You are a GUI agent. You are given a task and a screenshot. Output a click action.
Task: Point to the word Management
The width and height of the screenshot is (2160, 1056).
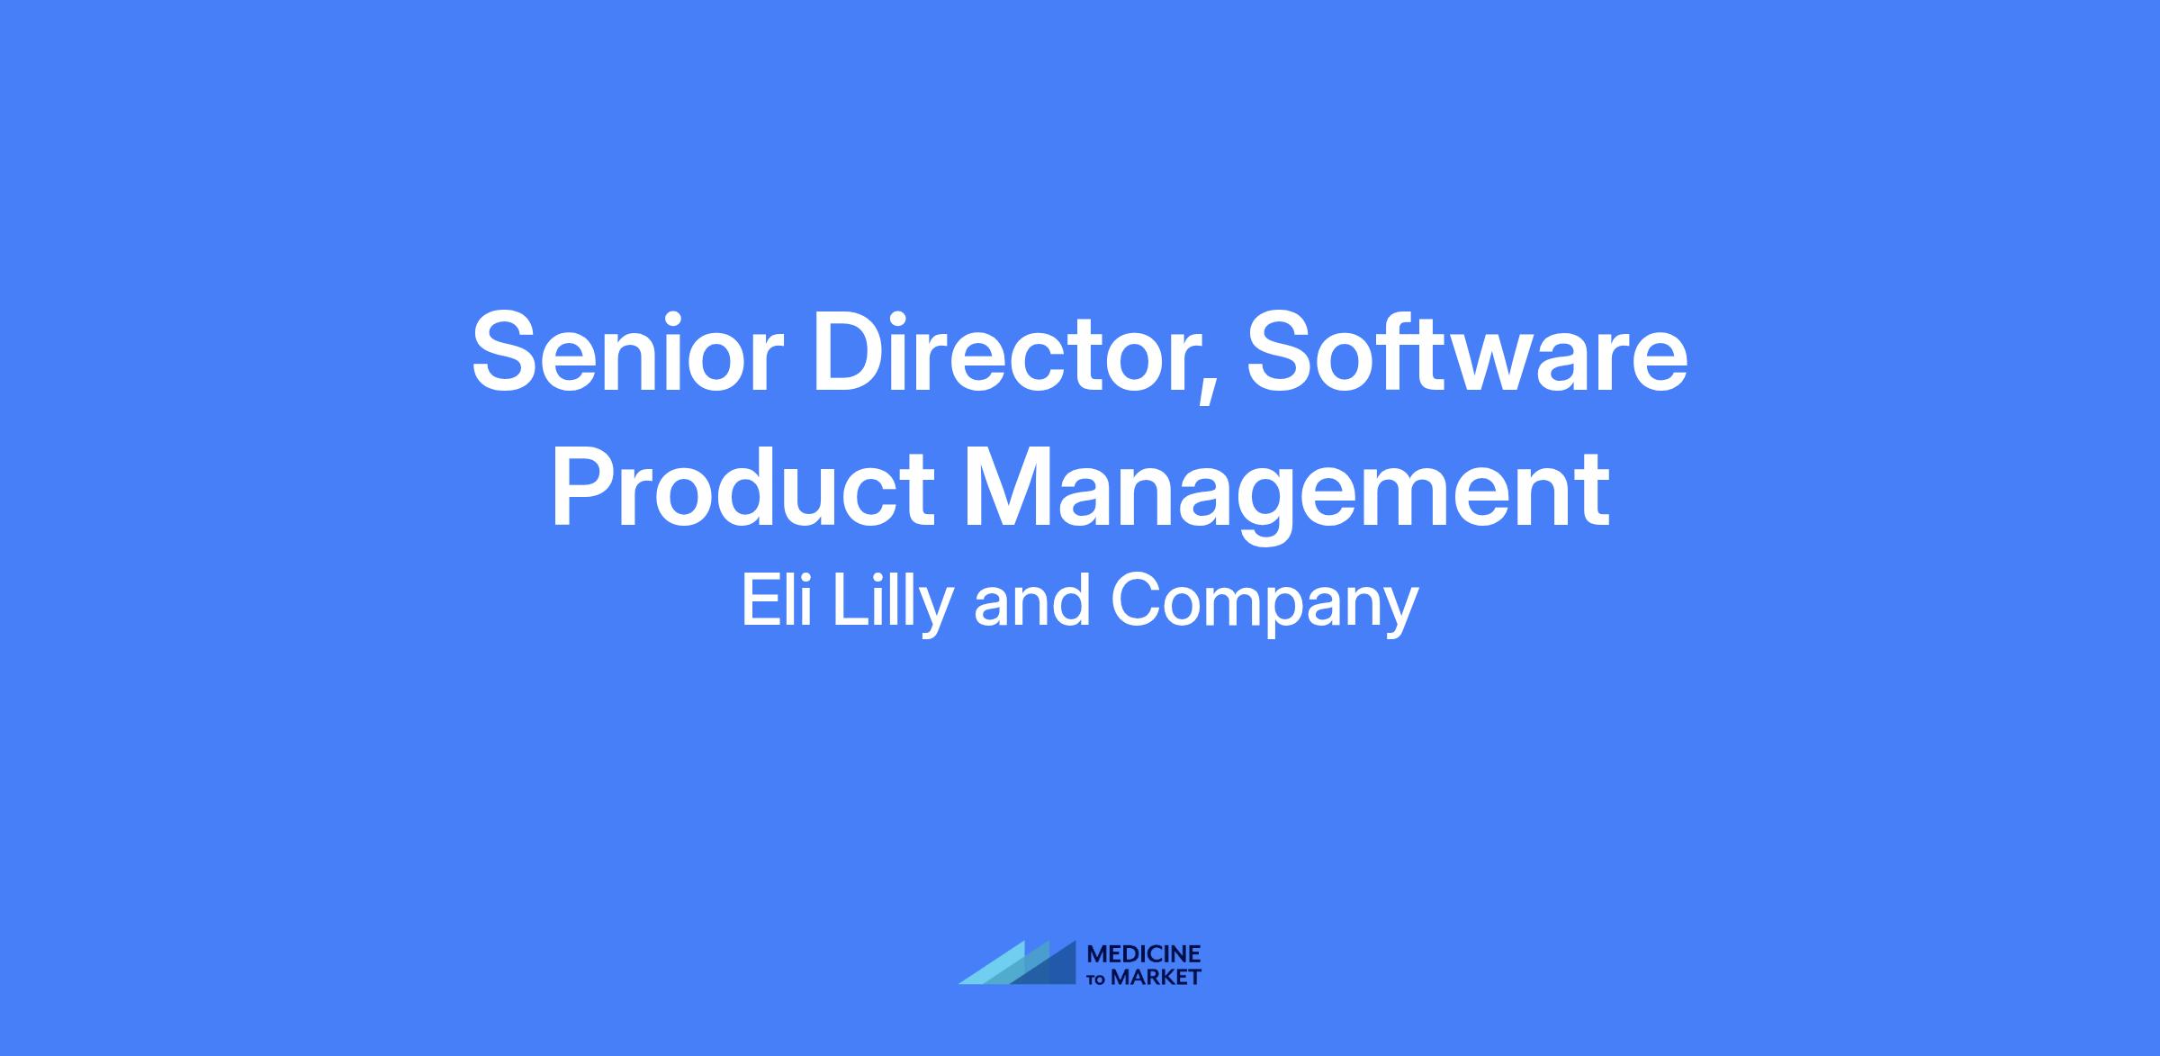point(1286,496)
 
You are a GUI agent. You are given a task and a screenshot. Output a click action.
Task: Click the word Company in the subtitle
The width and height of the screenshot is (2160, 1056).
point(1264,607)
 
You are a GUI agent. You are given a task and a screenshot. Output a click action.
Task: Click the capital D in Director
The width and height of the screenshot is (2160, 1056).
point(852,352)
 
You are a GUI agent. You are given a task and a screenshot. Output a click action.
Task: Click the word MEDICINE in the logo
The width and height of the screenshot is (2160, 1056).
point(1144,954)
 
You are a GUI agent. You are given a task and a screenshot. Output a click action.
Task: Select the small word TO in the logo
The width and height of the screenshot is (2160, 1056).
point(1098,979)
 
